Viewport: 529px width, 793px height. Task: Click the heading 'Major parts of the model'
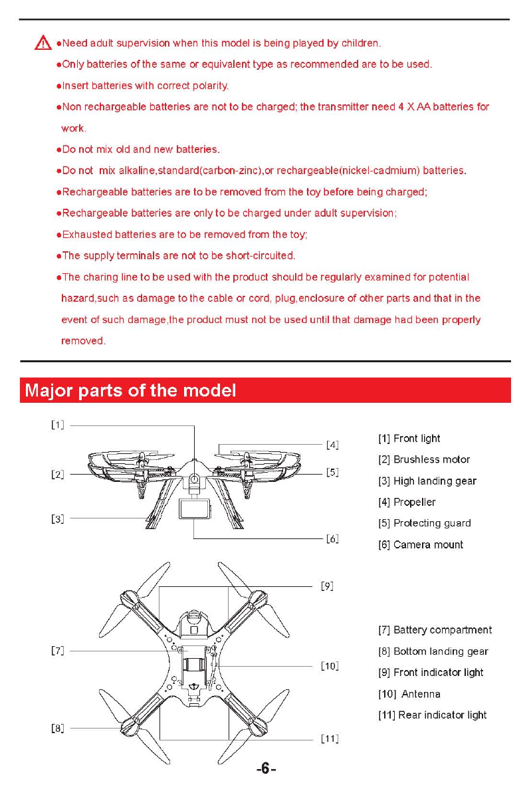click(130, 390)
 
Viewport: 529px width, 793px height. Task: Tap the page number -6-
click(265, 769)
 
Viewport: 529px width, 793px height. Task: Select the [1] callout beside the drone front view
click(58, 425)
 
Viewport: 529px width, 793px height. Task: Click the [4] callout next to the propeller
click(332, 445)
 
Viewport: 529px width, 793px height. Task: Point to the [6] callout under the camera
click(332, 539)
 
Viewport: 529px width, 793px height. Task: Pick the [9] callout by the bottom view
click(327, 586)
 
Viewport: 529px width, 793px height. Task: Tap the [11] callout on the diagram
click(330, 738)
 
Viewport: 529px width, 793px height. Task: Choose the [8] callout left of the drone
click(58, 728)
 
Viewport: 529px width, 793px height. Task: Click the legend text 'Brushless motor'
click(431, 459)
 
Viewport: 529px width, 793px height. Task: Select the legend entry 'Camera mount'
click(428, 544)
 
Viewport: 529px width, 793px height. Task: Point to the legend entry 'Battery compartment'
click(443, 629)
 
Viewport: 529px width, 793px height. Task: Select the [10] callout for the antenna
click(330, 665)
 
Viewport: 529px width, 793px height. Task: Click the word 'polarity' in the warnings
click(208, 86)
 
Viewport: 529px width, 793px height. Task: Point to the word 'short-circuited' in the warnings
click(259, 255)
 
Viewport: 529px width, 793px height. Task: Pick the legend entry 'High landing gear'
click(435, 481)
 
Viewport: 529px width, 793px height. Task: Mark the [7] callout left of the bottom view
click(58, 651)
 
